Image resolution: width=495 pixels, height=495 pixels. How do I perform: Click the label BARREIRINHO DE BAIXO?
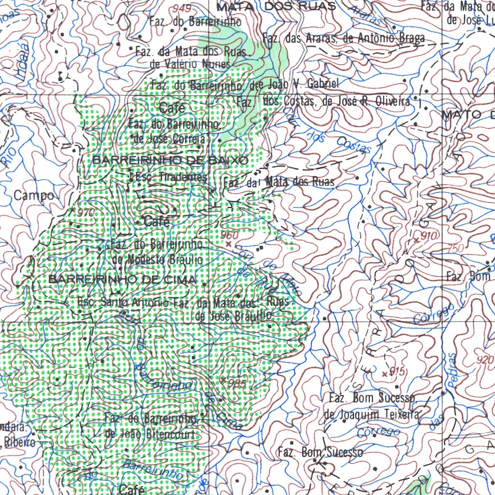point(170,160)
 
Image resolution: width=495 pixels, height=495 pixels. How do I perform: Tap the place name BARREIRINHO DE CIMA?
point(123,279)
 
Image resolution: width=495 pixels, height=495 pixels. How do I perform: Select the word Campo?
point(33,196)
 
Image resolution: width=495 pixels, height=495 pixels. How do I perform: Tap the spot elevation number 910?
point(429,236)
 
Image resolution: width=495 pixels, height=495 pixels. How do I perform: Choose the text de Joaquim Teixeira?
point(371,414)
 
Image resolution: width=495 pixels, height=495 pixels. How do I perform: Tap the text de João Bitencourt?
point(150,434)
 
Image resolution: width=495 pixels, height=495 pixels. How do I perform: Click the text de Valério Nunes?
point(190,63)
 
